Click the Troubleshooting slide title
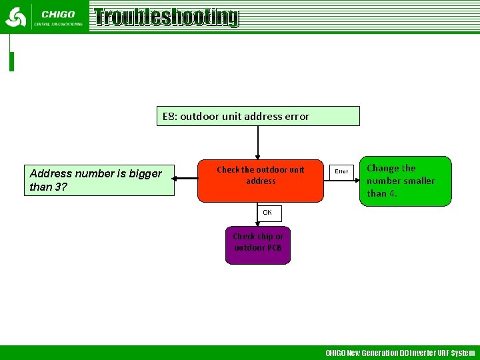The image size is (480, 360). (166, 17)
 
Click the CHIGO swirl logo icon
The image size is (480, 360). (15, 17)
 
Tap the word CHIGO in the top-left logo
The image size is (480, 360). (58, 14)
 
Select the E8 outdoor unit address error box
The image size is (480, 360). (258, 116)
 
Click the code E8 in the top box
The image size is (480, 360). (169, 117)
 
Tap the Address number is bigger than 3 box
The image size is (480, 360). (99, 180)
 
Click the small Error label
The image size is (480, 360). (341, 171)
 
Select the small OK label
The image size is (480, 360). (267, 213)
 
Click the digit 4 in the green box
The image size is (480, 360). (393, 193)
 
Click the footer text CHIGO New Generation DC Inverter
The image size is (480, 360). (400, 353)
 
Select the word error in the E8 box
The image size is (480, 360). (297, 117)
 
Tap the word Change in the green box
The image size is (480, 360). (382, 169)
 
